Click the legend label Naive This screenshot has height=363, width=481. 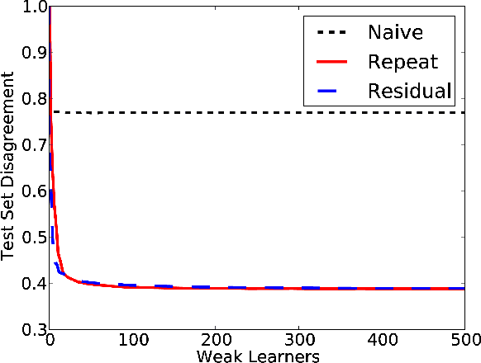point(396,34)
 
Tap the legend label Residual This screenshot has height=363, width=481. point(411,91)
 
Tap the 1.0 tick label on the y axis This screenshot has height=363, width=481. point(35,8)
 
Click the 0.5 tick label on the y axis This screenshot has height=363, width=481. point(35,238)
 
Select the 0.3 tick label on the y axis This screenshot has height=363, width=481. point(35,330)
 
